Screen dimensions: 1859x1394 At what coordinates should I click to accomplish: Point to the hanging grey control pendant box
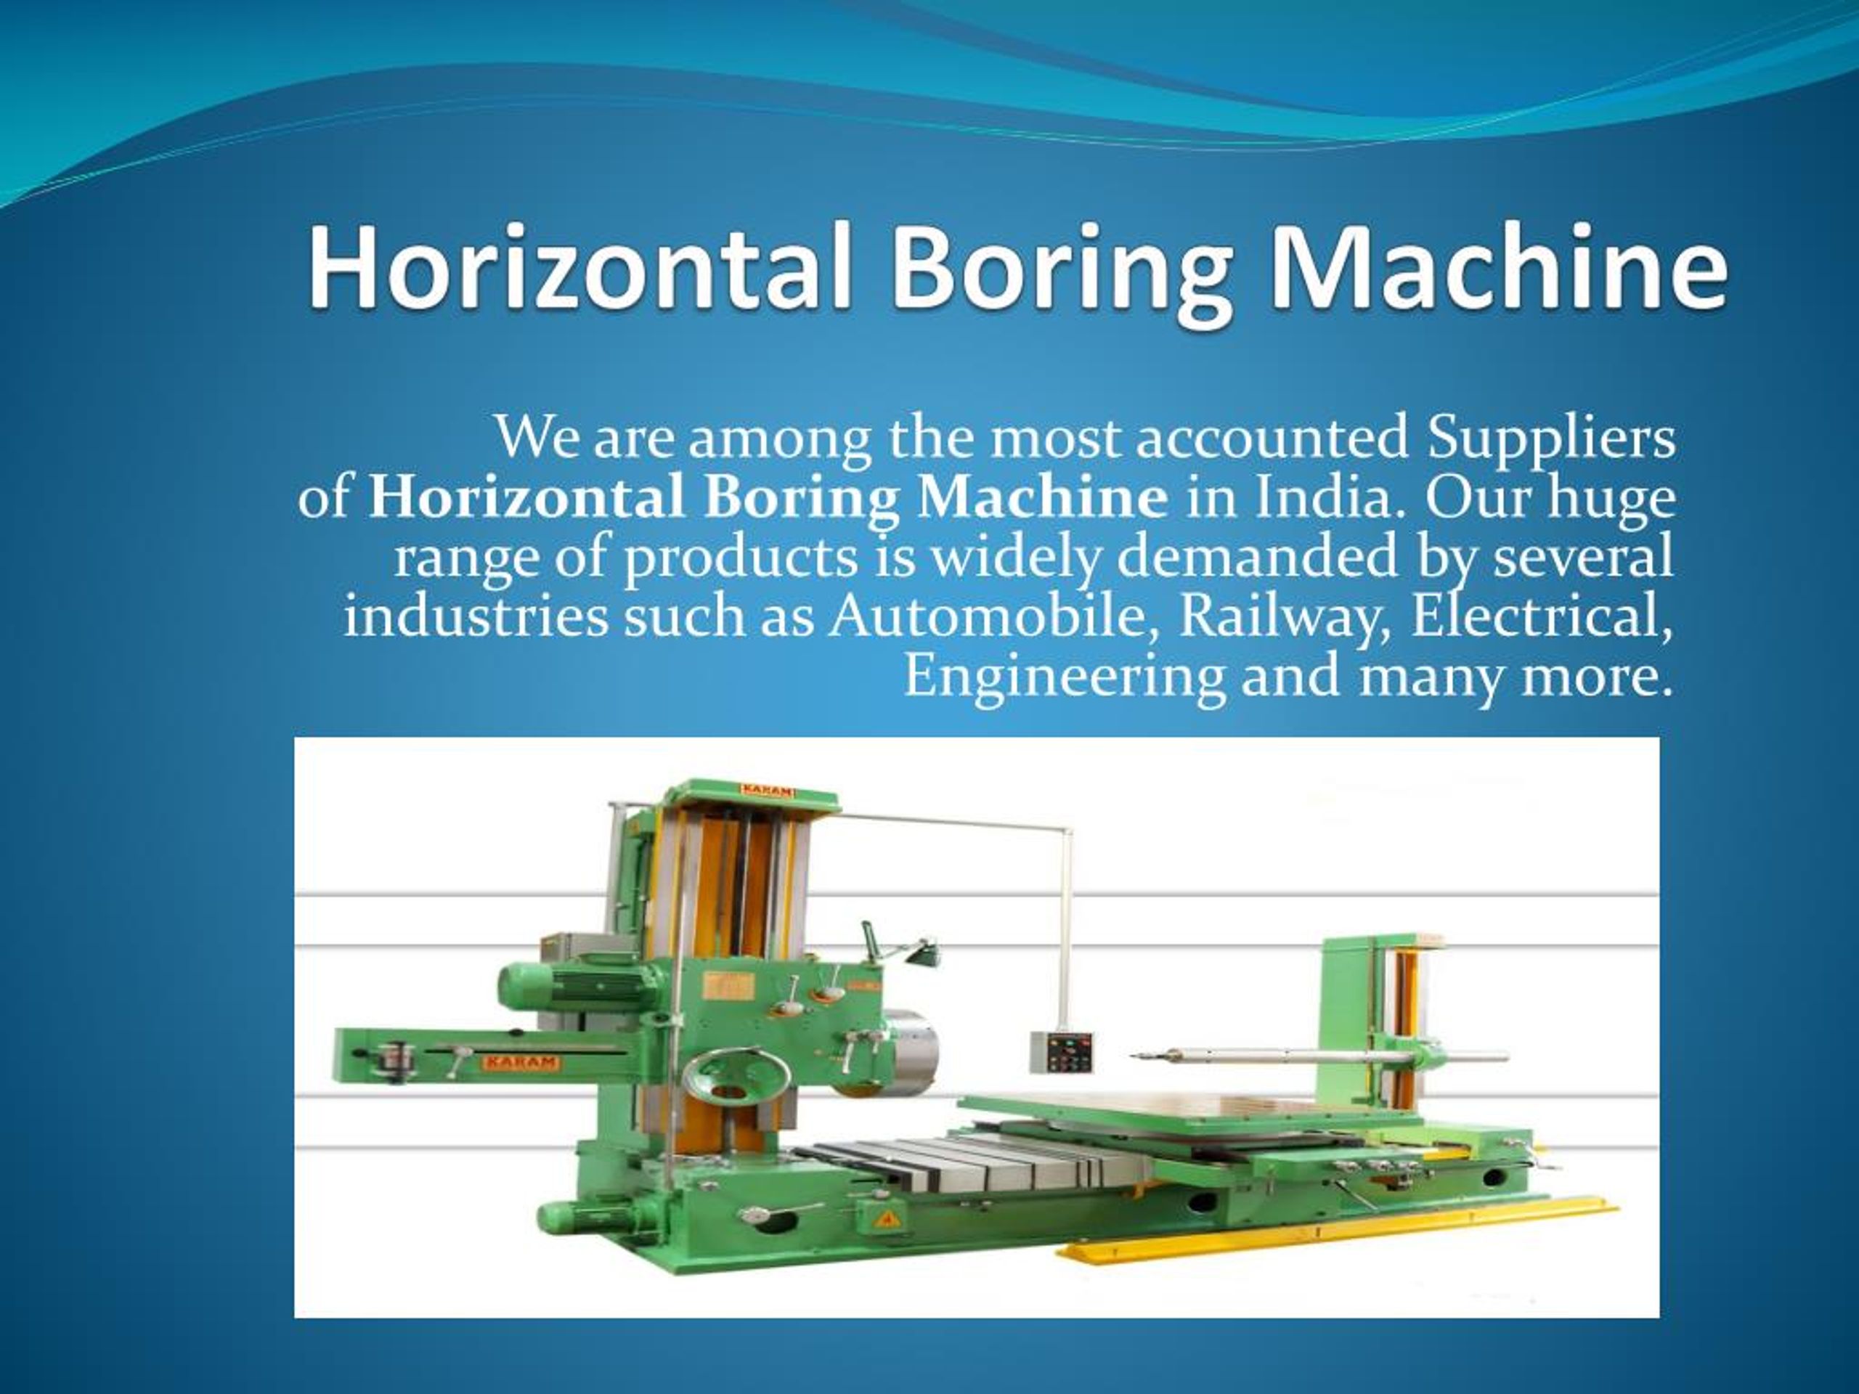tap(1062, 1052)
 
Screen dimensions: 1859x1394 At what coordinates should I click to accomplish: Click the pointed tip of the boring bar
tap(1131, 1056)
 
